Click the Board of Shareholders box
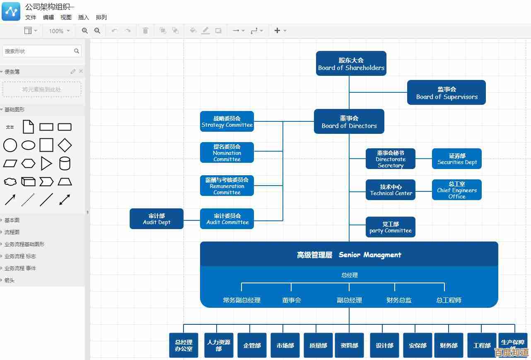click(351, 63)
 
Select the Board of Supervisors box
click(446, 92)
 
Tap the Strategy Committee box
click(227, 121)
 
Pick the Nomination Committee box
click(227, 152)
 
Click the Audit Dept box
click(156, 219)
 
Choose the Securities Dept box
click(456, 159)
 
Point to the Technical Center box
click(390, 190)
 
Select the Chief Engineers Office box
click(456, 190)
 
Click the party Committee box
click(390, 227)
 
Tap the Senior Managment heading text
click(349, 255)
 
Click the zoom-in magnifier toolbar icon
click(85, 31)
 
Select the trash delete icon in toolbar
click(145, 31)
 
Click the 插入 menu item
click(84, 17)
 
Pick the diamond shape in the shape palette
click(65, 145)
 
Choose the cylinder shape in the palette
click(65, 164)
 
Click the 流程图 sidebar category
click(12, 232)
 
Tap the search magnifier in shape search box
click(77, 51)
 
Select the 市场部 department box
click(285, 345)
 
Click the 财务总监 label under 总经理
click(398, 300)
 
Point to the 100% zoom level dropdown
click(59, 31)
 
